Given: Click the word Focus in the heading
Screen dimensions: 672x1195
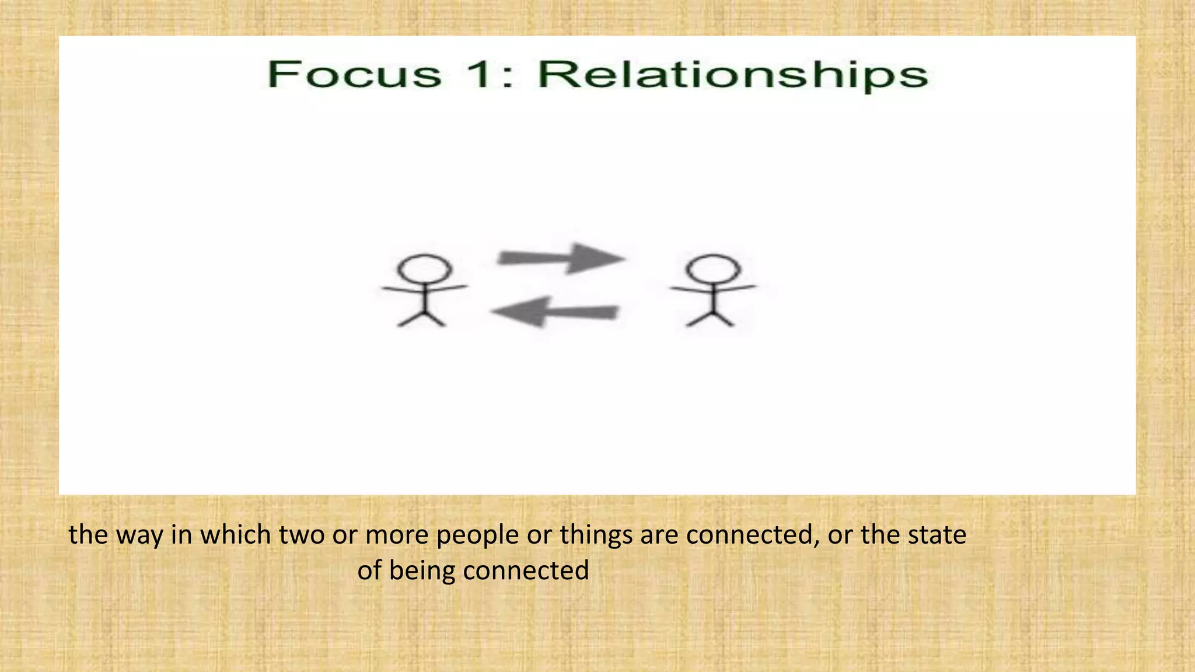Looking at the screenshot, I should (x=354, y=75).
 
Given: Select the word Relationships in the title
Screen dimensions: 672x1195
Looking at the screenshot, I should (x=732, y=76).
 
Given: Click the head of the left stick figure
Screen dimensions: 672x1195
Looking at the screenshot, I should (x=424, y=269).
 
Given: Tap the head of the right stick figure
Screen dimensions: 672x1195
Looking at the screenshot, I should (x=713, y=269).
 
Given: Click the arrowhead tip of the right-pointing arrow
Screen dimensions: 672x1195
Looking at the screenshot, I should (x=624, y=258).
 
